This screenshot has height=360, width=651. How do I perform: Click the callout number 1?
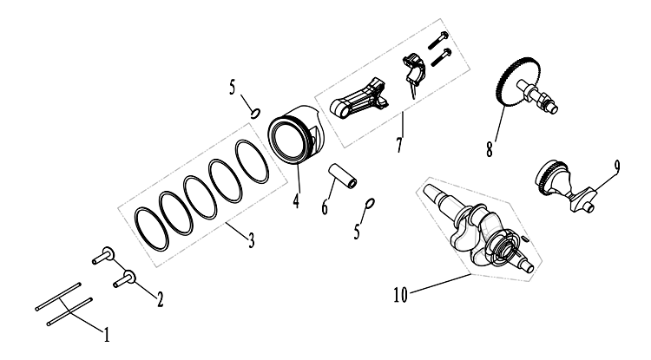[x=107, y=334]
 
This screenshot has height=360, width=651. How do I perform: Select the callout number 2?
[x=160, y=299]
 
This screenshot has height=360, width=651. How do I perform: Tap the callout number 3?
[x=251, y=240]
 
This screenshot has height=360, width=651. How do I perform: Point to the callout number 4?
[x=296, y=201]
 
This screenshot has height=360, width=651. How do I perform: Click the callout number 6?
[x=325, y=207]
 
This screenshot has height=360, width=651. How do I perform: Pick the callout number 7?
[x=399, y=145]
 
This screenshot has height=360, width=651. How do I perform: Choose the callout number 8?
[x=490, y=149]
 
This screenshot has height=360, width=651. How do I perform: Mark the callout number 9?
[x=617, y=167]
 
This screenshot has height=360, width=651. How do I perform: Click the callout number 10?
[x=401, y=295]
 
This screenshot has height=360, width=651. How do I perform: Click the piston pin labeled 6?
[x=344, y=176]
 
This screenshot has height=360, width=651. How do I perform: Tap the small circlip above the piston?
[x=255, y=113]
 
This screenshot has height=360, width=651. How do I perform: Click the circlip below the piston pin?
[x=370, y=202]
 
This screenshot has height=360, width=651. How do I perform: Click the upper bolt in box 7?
[x=437, y=41]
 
